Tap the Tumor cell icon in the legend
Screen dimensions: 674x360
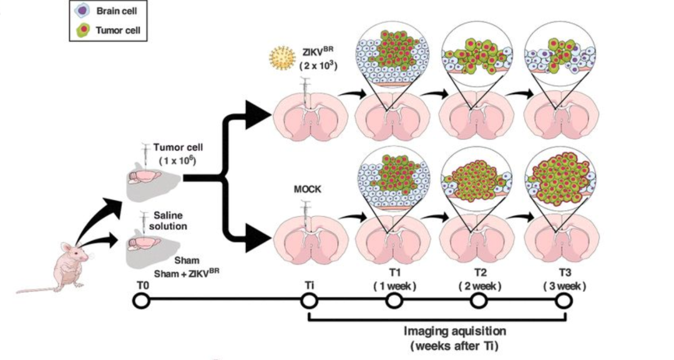coord(82,30)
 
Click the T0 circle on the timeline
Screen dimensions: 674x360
coord(142,301)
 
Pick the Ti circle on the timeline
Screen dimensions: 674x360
coord(309,301)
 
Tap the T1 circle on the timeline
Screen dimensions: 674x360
coord(394,301)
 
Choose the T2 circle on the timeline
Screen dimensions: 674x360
coord(479,301)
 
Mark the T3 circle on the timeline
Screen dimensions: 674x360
coord(564,301)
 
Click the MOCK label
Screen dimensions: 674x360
coord(307,189)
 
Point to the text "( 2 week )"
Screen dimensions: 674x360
coord(480,286)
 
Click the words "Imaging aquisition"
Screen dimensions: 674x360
coord(455,332)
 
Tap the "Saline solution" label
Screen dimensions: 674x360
coord(168,220)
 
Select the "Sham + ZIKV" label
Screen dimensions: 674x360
coord(187,273)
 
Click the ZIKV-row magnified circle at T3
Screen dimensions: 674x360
coord(560,54)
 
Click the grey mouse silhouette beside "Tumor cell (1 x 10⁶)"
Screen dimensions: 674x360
coord(153,180)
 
